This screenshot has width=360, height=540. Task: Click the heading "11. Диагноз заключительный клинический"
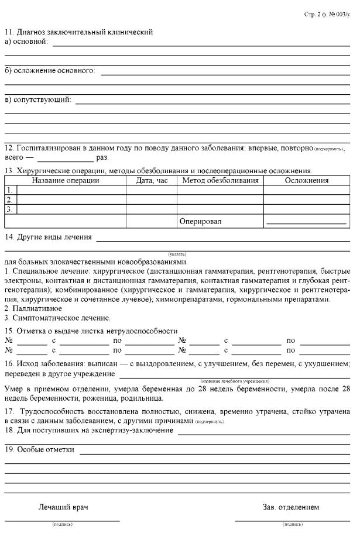point(79,32)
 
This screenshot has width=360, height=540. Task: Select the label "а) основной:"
point(26,41)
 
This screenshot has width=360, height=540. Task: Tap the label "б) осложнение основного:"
point(50,71)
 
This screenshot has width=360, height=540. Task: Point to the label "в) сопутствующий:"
point(38,99)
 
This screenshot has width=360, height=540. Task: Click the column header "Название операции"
point(66,180)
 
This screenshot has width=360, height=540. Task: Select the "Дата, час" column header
point(152,180)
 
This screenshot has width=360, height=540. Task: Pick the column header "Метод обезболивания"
point(220,180)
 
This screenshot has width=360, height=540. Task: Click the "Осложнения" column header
point(307,180)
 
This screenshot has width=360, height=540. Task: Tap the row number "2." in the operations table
point(9,200)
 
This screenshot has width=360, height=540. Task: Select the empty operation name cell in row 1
point(72,190)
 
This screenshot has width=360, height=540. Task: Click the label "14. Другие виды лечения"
point(49,237)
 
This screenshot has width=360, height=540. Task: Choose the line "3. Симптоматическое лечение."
point(57,318)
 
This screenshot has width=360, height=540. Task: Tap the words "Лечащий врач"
point(63,507)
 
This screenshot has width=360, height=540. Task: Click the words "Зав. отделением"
point(291,507)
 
